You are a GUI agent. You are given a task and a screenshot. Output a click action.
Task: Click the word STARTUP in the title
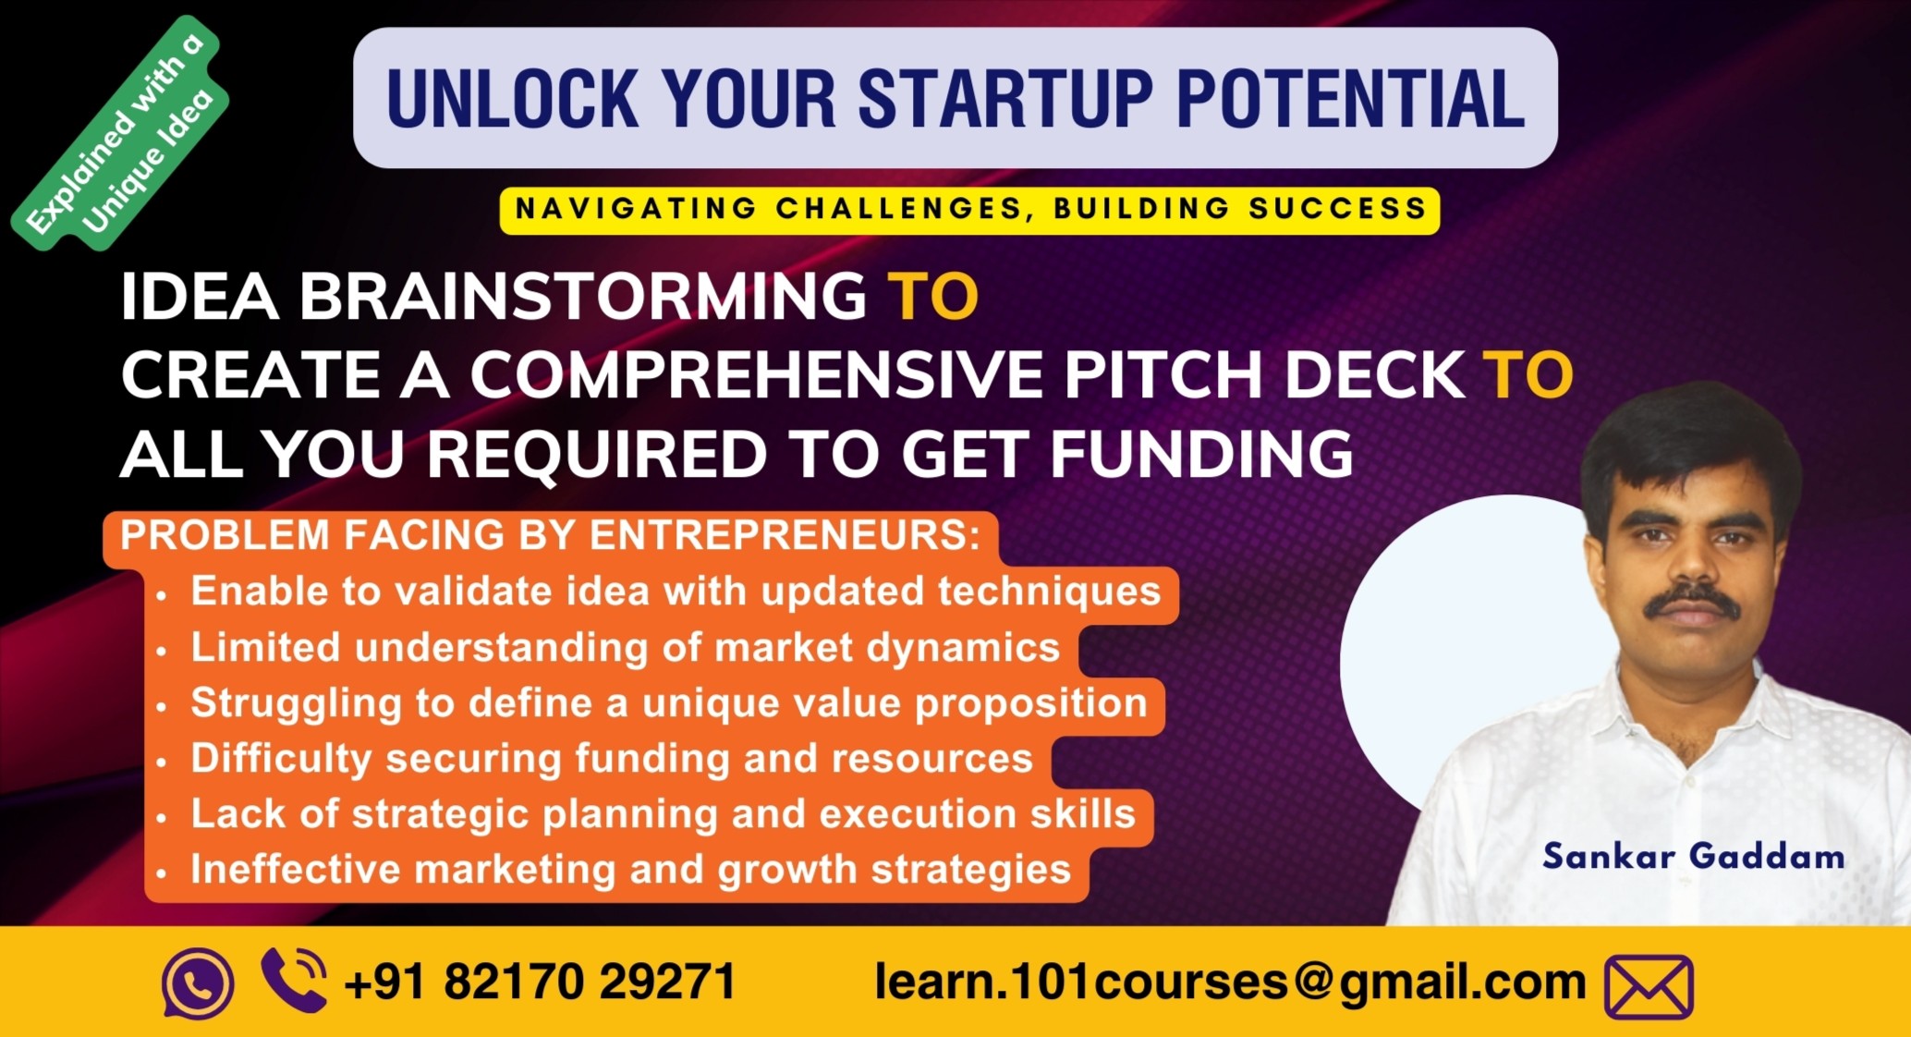pyautogui.click(x=1005, y=98)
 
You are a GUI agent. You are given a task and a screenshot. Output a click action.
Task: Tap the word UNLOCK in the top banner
pyautogui.click(x=512, y=98)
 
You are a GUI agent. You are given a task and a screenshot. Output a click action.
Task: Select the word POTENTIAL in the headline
pyautogui.click(x=1350, y=98)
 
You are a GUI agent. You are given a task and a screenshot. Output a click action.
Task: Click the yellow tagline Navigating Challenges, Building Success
pyautogui.click(x=969, y=209)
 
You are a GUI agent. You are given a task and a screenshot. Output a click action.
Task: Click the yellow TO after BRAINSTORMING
pyautogui.click(x=932, y=297)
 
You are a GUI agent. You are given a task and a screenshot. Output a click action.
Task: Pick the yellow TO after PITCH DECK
pyautogui.click(x=1528, y=375)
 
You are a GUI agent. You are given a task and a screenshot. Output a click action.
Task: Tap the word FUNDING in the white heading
pyautogui.click(x=1200, y=455)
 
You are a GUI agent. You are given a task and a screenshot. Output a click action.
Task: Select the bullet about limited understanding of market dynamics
pyautogui.click(x=625, y=648)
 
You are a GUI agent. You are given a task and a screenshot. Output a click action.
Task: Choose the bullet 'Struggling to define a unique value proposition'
pyautogui.click(x=668, y=703)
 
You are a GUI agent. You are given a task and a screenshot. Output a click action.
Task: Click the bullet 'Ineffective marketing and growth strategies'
pyautogui.click(x=630, y=870)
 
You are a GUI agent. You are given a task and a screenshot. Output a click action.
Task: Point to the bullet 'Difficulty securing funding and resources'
pyautogui.click(x=611, y=759)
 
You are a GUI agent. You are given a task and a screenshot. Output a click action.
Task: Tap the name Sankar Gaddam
pyautogui.click(x=1693, y=857)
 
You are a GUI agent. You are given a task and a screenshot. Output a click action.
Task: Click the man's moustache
pyautogui.click(x=1692, y=602)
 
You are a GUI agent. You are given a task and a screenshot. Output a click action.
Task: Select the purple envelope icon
pyautogui.click(x=1649, y=986)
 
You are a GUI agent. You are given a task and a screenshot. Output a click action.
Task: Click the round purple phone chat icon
pyautogui.click(x=197, y=983)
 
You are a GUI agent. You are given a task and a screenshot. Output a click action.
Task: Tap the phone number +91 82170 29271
pyautogui.click(x=540, y=982)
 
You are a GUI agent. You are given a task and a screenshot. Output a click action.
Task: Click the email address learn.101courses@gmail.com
pyautogui.click(x=1230, y=982)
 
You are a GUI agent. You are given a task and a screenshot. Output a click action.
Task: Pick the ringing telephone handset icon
pyautogui.click(x=295, y=980)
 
